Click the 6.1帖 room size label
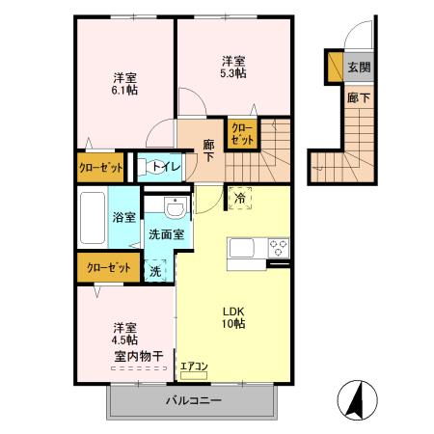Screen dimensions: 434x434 tap(122, 92)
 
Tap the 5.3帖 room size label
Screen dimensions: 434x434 tap(231, 72)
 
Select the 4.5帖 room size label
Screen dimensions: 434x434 tap(122, 339)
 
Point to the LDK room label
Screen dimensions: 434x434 tap(235, 312)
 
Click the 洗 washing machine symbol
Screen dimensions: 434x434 tap(155, 271)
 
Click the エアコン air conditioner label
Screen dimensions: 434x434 tap(194, 366)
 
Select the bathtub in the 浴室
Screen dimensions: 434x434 tap(94, 218)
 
